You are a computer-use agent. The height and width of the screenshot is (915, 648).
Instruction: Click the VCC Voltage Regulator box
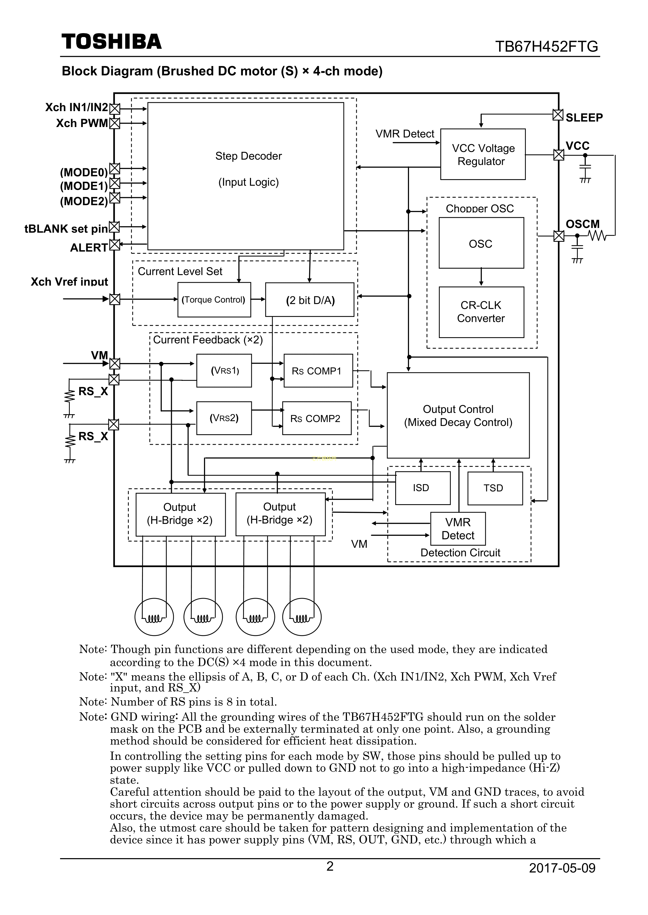pos(483,154)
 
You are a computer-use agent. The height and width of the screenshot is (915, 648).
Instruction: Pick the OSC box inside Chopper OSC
pos(481,243)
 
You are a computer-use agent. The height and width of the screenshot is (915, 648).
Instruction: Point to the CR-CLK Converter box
pos(481,312)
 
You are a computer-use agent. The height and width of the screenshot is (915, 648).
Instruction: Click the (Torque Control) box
pos(214,300)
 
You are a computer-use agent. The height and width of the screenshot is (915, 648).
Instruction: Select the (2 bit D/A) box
pos(310,300)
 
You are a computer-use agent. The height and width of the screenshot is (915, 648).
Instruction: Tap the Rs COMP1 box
pos(318,371)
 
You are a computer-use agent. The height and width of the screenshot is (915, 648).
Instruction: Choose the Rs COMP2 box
pos(316,418)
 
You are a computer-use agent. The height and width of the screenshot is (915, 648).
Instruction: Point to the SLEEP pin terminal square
pos(558,115)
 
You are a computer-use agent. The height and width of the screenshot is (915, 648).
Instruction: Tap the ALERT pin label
pos(89,248)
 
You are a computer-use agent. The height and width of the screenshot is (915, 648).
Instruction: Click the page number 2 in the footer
pos(330,866)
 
